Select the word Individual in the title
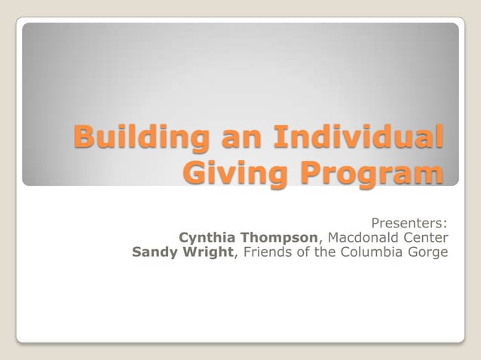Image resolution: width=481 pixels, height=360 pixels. pos(358,139)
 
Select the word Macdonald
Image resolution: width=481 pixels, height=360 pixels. pos(363,237)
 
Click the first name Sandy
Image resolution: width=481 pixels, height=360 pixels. pos(154,252)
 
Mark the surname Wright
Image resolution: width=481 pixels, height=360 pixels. pos(207,252)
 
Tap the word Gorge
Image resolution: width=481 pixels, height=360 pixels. pos(430,252)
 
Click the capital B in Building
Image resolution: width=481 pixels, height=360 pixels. pos(84,139)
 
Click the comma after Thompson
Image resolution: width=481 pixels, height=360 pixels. pos(321,242)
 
